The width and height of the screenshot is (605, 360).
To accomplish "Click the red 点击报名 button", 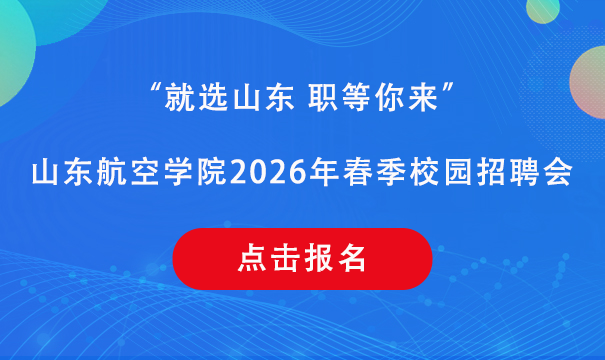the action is click(x=302, y=259).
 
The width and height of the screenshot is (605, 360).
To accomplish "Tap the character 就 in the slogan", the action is click(x=179, y=98).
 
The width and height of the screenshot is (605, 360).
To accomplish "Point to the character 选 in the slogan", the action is click(x=213, y=98).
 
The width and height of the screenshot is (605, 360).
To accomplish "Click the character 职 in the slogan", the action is click(x=323, y=98).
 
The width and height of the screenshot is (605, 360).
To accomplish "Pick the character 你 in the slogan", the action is click(x=390, y=98).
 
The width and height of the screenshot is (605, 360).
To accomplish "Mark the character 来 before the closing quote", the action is click(x=423, y=98).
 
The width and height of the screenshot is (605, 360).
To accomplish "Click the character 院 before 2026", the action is click(x=211, y=172).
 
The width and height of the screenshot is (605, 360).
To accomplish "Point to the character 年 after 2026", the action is click(x=324, y=172).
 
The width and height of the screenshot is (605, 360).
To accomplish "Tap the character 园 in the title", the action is click(x=458, y=172).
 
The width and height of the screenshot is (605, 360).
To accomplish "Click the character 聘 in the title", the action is click(x=525, y=172).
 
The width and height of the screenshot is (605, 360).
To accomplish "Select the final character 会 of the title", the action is click(x=558, y=172).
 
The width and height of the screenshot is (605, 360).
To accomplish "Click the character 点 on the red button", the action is click(x=252, y=258).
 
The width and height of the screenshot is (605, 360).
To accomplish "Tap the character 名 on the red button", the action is click(x=352, y=258).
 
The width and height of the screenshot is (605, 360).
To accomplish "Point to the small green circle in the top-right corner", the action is click(x=543, y=8).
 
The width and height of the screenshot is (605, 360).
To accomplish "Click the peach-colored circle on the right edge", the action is click(x=588, y=82).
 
